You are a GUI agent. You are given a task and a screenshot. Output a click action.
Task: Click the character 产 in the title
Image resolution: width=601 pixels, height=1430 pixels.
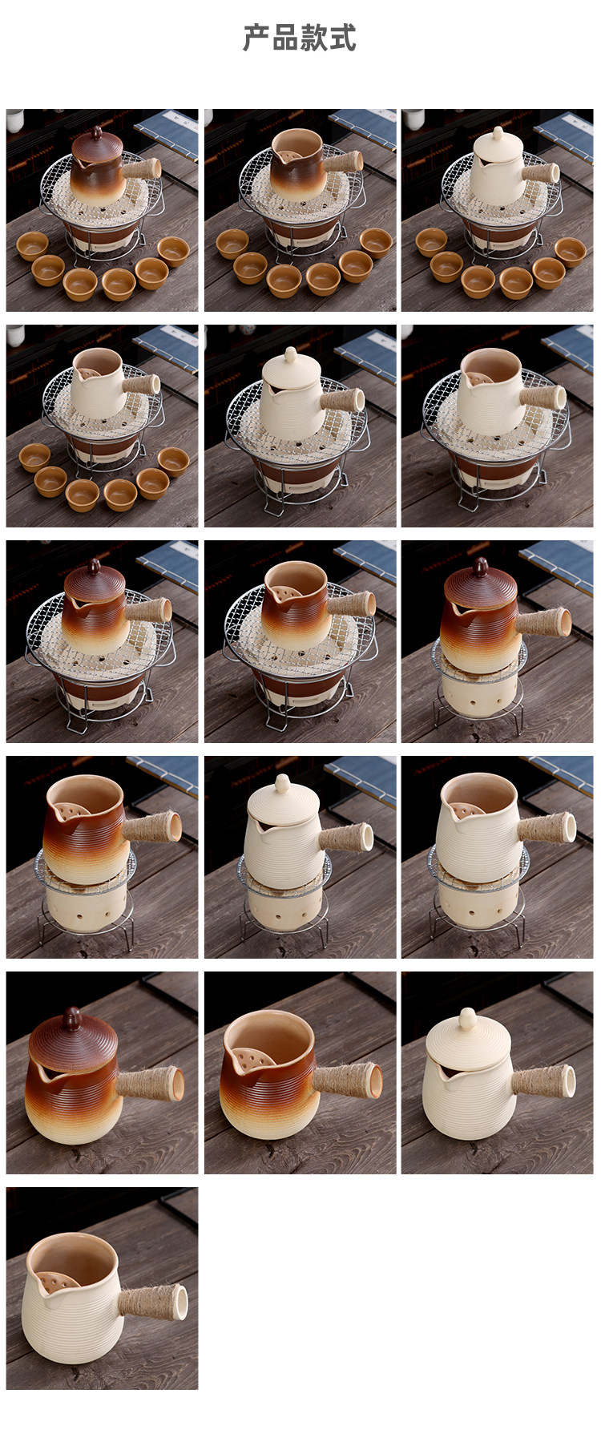click(256, 38)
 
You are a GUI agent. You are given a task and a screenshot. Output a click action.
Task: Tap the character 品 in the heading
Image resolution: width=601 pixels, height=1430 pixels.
click(285, 38)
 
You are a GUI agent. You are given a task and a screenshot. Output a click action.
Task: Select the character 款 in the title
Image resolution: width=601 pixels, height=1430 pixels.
click(314, 38)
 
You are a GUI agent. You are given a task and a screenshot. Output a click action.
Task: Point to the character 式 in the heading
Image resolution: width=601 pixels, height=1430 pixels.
click(343, 38)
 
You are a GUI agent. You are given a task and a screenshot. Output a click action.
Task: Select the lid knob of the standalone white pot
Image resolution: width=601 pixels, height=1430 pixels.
click(467, 1020)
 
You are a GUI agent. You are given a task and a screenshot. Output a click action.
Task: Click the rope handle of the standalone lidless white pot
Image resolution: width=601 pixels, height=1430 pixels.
click(152, 1301)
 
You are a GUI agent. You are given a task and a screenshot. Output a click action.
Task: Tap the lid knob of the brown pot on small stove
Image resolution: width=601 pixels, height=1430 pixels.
click(481, 566)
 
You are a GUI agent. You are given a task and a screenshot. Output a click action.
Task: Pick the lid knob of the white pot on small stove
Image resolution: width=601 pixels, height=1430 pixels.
click(282, 782)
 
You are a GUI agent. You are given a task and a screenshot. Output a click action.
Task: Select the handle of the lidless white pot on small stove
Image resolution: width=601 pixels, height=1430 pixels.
click(547, 828)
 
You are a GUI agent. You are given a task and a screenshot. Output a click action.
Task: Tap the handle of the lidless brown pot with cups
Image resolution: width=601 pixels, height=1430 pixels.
click(342, 162)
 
